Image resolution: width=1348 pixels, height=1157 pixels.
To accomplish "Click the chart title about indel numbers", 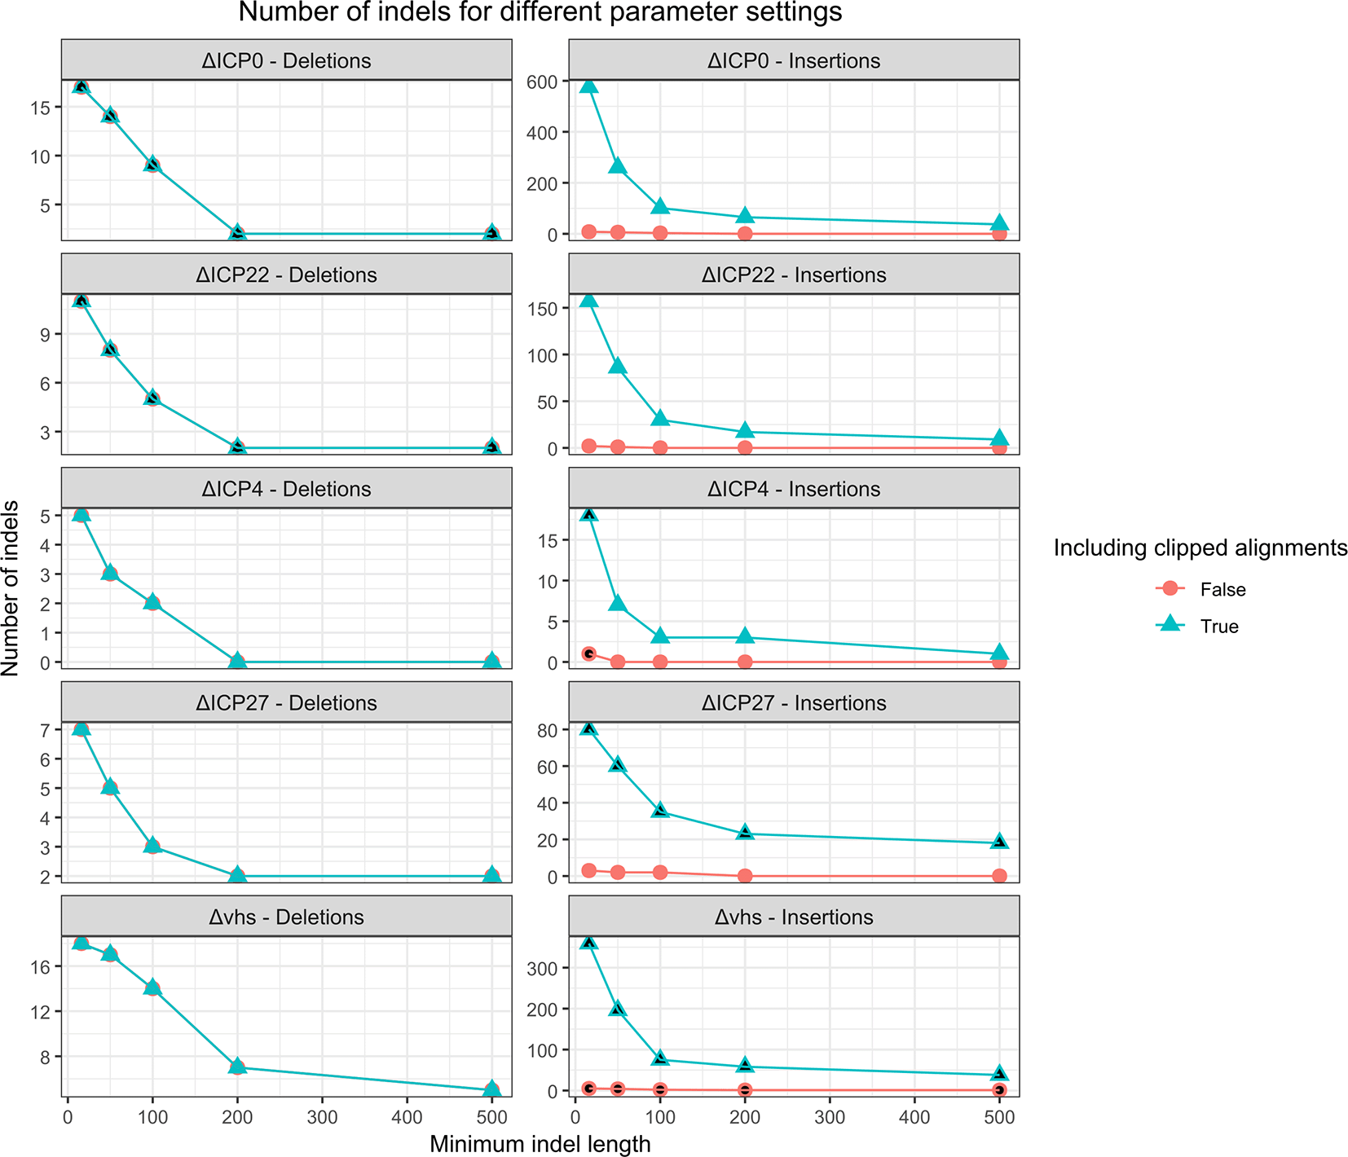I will (540, 13).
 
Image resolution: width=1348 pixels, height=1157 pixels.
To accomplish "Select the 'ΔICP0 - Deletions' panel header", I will (286, 61).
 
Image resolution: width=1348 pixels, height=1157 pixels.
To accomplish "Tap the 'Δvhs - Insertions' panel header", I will (794, 917).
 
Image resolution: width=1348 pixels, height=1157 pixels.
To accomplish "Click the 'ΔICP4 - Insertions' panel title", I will (794, 490).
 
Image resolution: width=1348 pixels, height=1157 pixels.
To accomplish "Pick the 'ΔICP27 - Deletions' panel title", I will (286, 703).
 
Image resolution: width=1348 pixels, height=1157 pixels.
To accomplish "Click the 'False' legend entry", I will (1222, 589).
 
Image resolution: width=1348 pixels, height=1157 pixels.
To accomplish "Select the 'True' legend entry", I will (1219, 627).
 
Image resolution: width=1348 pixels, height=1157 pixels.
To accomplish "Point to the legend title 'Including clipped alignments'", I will (1200, 548).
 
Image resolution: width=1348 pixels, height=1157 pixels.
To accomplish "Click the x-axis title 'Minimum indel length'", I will (540, 1144).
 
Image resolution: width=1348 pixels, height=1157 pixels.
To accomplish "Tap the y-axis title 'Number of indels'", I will (11, 588).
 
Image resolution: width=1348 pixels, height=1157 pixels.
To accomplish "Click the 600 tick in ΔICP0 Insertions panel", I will (542, 81).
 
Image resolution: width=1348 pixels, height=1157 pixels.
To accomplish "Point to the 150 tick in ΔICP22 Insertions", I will (542, 309).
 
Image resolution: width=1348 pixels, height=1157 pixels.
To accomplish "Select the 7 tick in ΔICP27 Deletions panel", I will (46, 730).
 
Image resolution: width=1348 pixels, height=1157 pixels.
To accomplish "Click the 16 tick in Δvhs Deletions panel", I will (40, 967).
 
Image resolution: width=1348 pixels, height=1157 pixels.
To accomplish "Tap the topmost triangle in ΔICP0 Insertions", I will (588, 86).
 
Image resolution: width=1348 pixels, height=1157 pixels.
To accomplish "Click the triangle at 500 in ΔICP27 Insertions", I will (999, 841).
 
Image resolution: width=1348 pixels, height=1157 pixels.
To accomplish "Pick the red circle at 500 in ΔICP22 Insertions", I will (999, 448).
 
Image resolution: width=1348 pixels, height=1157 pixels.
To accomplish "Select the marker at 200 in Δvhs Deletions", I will (237, 1066).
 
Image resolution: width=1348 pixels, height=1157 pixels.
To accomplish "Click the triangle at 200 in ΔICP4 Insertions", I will (745, 636).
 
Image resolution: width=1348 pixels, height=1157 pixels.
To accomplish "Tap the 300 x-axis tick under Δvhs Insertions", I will (830, 1117).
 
